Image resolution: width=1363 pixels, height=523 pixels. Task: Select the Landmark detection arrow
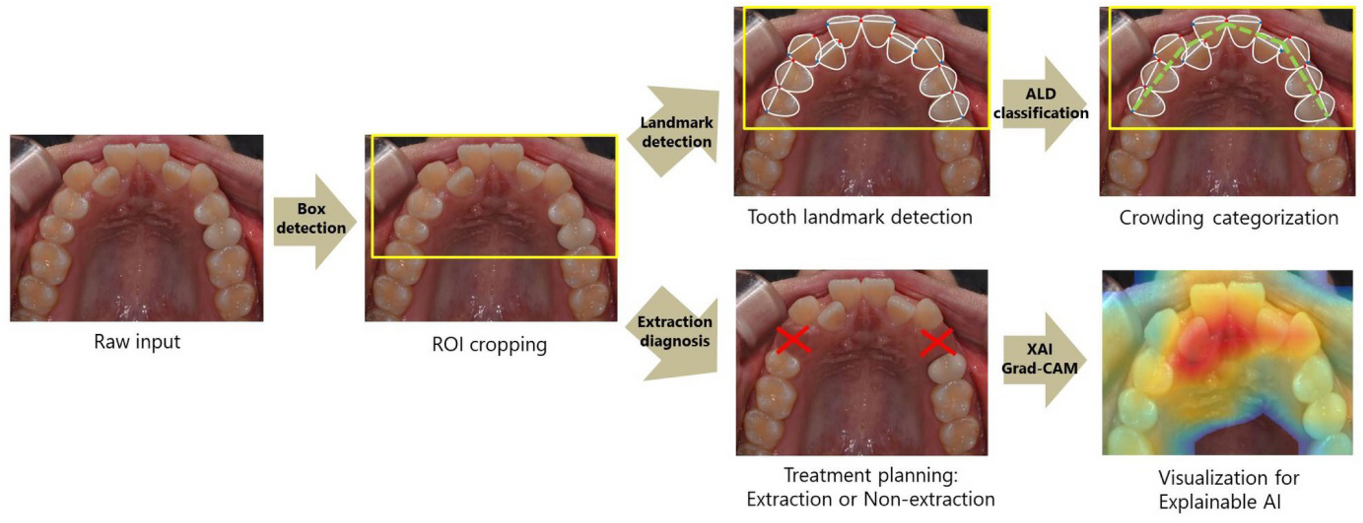click(676, 132)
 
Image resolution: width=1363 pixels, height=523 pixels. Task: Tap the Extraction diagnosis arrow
click(674, 331)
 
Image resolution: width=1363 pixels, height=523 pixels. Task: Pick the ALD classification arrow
click(1042, 104)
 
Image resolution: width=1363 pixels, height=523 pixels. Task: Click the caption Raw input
click(137, 342)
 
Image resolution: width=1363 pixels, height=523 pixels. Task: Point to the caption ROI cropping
click(489, 345)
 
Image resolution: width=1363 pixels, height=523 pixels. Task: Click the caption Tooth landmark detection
click(860, 217)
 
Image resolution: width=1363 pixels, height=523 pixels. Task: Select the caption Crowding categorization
click(1229, 218)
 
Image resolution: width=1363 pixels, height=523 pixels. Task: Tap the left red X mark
click(794, 340)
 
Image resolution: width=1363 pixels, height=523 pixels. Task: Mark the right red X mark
click(937, 342)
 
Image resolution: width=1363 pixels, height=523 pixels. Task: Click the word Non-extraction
click(928, 500)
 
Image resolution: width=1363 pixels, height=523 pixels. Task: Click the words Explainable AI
click(1219, 503)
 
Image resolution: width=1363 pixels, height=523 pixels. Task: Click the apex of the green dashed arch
click(1226, 26)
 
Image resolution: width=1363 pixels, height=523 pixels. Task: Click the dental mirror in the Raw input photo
click(31, 173)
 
